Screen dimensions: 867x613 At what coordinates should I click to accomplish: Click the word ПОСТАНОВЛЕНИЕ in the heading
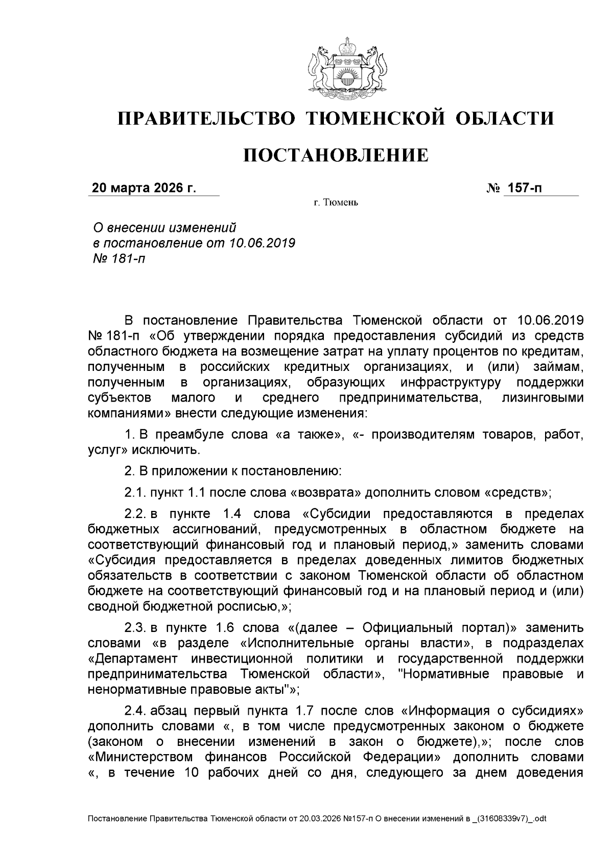(x=335, y=155)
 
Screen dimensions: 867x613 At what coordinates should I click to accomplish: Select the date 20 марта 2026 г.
(x=144, y=188)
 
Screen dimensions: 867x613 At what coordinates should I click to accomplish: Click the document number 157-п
(x=524, y=188)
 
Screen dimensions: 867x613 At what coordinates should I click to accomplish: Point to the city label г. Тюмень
(x=336, y=203)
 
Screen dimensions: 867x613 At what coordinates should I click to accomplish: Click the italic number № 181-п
(x=117, y=259)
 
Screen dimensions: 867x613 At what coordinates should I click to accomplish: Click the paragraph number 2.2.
(x=136, y=514)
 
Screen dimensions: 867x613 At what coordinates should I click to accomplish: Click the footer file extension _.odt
(x=536, y=818)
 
